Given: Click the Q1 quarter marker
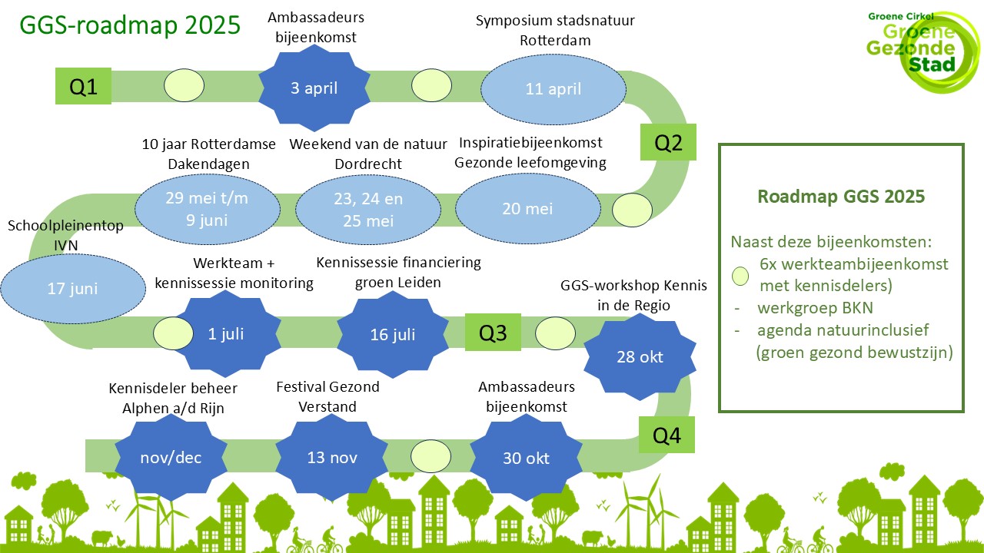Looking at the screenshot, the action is pos(83,86).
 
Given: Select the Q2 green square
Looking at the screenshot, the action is pos(668,142).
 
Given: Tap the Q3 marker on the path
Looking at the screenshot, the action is pos(493,333).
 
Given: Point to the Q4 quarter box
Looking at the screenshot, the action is pos(667,435).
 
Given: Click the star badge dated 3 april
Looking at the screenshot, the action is pos(314,88).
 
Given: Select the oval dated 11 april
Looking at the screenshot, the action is pos(553,89).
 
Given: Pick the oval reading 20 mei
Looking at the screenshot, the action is pos(527,208).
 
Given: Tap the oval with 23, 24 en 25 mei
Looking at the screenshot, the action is pos(368,210).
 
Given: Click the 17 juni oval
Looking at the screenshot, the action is pos(73,289).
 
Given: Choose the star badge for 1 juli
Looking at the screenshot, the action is pos(225,333).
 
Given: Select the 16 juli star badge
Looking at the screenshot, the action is pos(393,334).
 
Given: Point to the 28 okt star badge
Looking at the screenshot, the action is pos(640,357).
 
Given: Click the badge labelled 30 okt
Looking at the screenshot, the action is pos(527,458).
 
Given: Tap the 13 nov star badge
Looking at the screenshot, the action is pos(331,457).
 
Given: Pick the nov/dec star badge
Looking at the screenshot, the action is pos(171,458).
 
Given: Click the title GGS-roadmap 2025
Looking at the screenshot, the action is pos(130,25).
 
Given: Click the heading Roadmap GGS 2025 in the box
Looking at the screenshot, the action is pos(841,196).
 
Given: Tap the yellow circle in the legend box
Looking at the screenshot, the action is pos(740,276).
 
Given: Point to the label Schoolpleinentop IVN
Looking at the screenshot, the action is pos(65,235).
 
